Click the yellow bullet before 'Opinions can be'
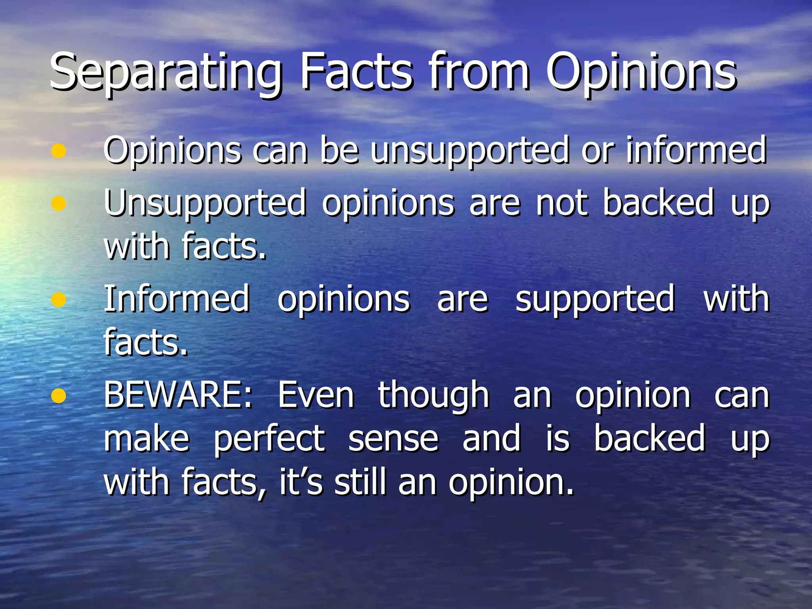[58, 151]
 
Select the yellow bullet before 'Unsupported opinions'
[58, 203]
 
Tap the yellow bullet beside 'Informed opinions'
[58, 300]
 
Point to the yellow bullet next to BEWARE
[58, 395]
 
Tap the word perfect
[270, 439]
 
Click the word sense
[393, 439]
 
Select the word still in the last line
[360, 482]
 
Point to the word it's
[301, 482]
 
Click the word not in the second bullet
[562, 203]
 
